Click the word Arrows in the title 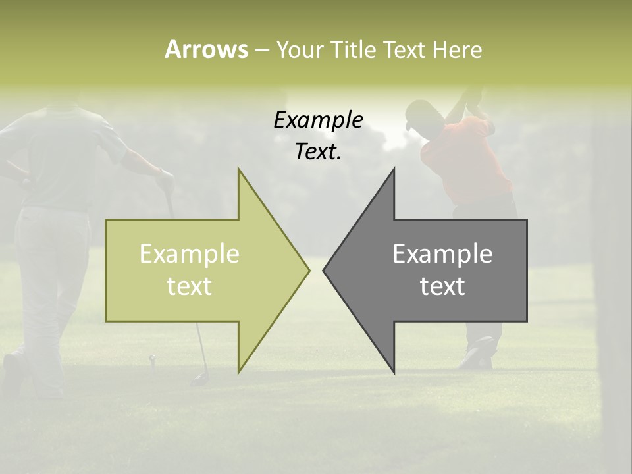coord(206,49)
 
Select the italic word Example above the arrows coord(318,120)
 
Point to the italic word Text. coord(318,151)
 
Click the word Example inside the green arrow coord(190,254)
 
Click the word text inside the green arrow coord(190,286)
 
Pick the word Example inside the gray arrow coord(442,254)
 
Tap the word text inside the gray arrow coord(442,286)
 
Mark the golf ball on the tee coord(152,358)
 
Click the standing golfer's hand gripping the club coord(165,178)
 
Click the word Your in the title coord(298,50)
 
